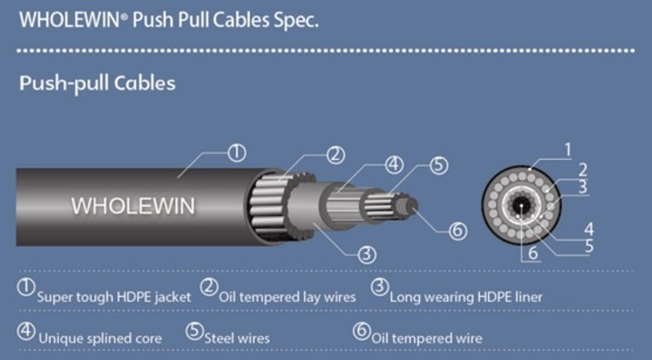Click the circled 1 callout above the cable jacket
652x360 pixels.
237,153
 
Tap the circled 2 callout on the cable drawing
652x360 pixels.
335,155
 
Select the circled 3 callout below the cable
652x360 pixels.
367,254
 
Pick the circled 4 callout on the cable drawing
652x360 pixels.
394,165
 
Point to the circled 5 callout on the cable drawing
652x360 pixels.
439,166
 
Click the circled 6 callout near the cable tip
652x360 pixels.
458,231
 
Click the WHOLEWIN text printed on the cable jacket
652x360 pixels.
133,206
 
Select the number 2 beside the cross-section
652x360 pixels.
583,170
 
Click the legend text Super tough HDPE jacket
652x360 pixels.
114,297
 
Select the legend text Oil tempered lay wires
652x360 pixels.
287,297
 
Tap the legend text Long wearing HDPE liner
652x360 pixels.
465,297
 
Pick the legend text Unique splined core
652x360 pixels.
100,339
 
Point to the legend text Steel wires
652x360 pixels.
237,339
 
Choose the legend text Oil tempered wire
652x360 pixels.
426,339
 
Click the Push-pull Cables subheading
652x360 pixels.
98,83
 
